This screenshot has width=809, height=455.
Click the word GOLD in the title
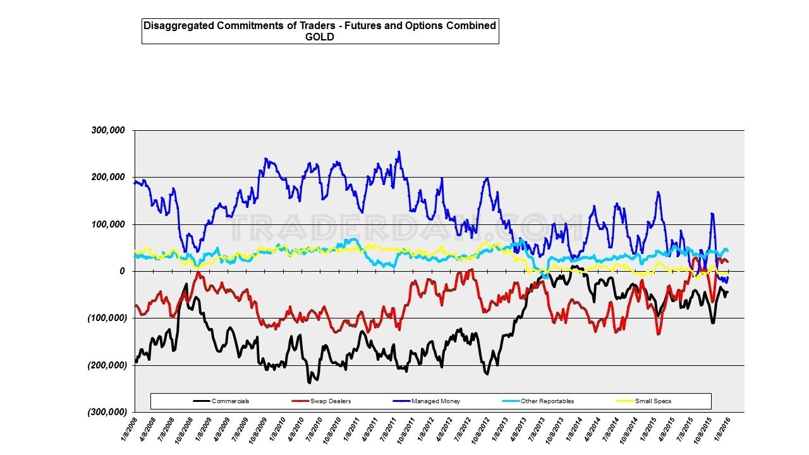(320, 37)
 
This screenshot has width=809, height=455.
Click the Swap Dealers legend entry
(331, 401)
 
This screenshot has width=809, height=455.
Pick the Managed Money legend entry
(435, 401)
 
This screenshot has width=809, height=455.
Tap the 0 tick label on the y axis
(123, 271)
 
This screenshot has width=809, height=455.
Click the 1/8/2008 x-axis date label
(129, 430)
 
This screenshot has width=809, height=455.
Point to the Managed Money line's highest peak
(399, 152)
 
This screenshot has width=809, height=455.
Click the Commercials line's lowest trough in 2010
(310, 382)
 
